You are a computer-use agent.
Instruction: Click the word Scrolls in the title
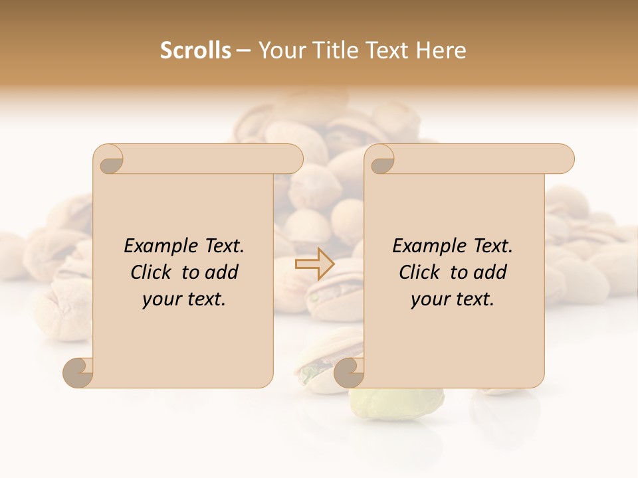[195, 50]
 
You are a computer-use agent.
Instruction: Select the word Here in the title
[441, 50]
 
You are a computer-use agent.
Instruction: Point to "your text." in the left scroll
[184, 299]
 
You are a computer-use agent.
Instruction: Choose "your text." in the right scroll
[453, 299]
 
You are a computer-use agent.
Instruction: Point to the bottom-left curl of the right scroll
[349, 373]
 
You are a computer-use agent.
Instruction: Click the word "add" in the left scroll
[223, 272]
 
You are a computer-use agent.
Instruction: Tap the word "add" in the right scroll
[492, 272]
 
